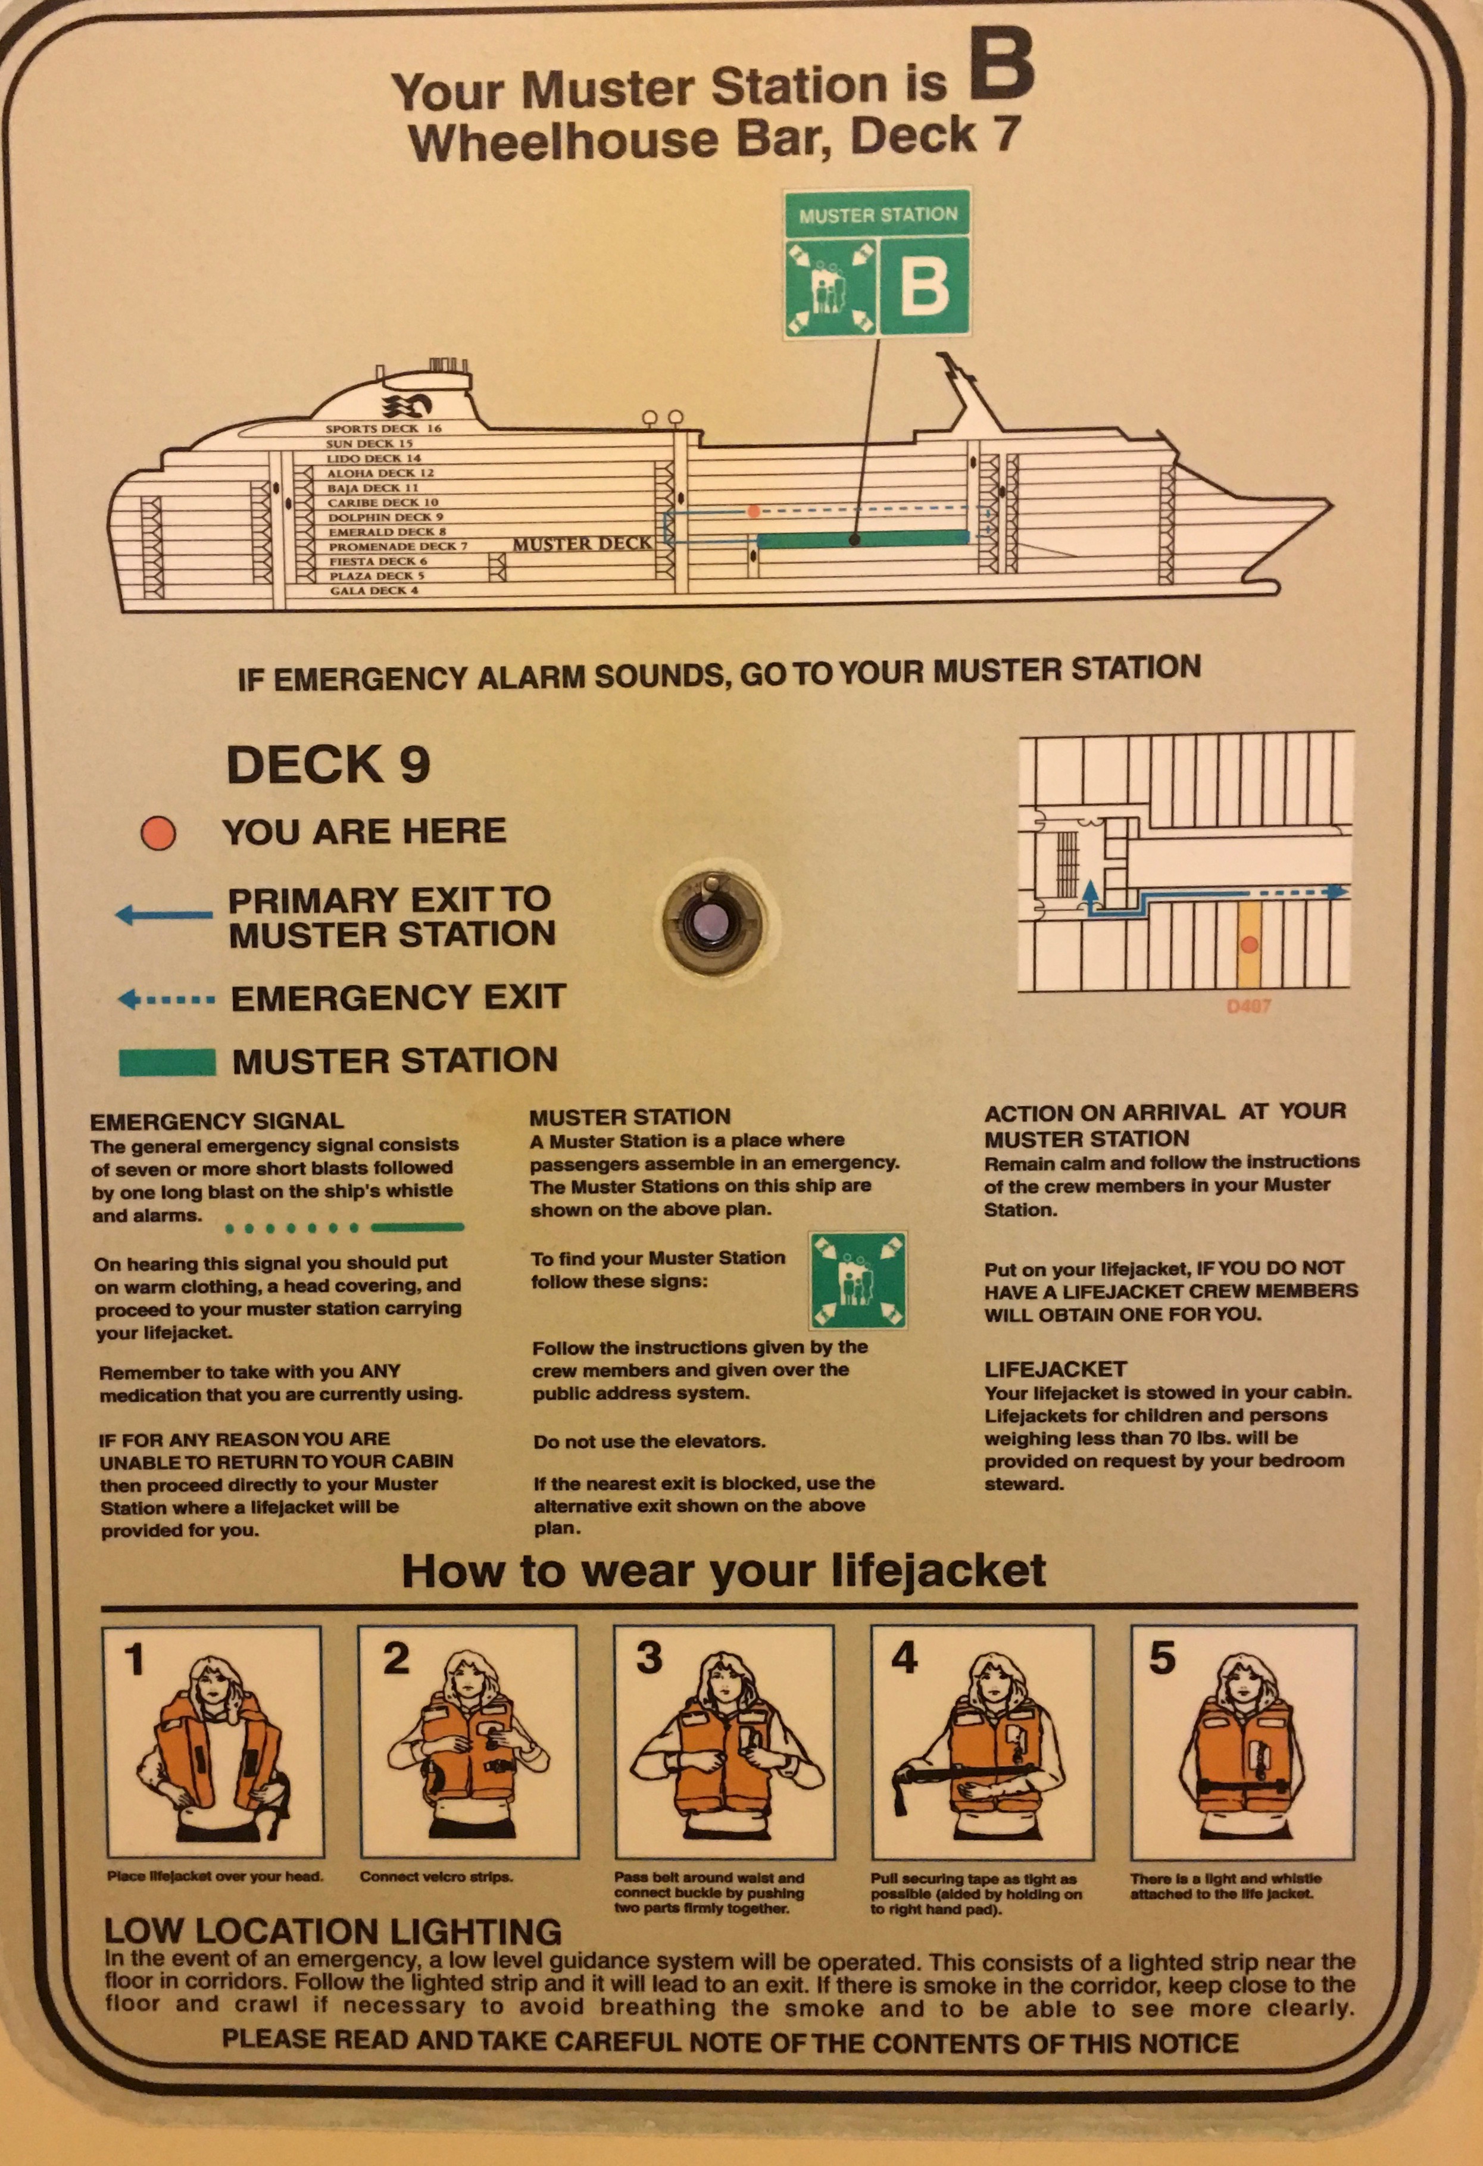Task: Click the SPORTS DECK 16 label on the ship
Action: pos(383,429)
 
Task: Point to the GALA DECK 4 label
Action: pos(374,591)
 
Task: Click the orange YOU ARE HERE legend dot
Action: pos(158,832)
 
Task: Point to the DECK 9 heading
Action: pos(328,764)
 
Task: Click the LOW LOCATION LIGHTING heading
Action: pos(333,1932)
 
